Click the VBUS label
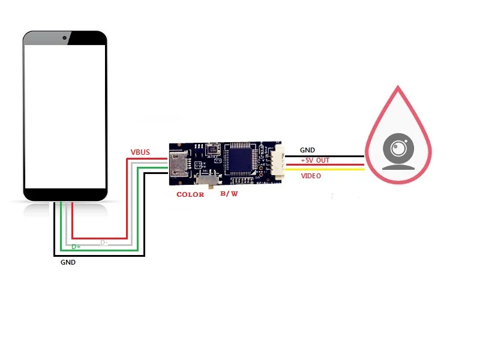point(140,152)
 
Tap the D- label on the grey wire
point(104,242)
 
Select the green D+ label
point(76,247)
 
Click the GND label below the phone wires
point(68,262)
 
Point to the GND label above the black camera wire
point(307,150)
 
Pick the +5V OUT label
point(315,160)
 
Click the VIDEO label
point(311,176)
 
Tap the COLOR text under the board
point(190,194)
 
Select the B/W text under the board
point(229,194)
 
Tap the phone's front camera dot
point(65,38)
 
